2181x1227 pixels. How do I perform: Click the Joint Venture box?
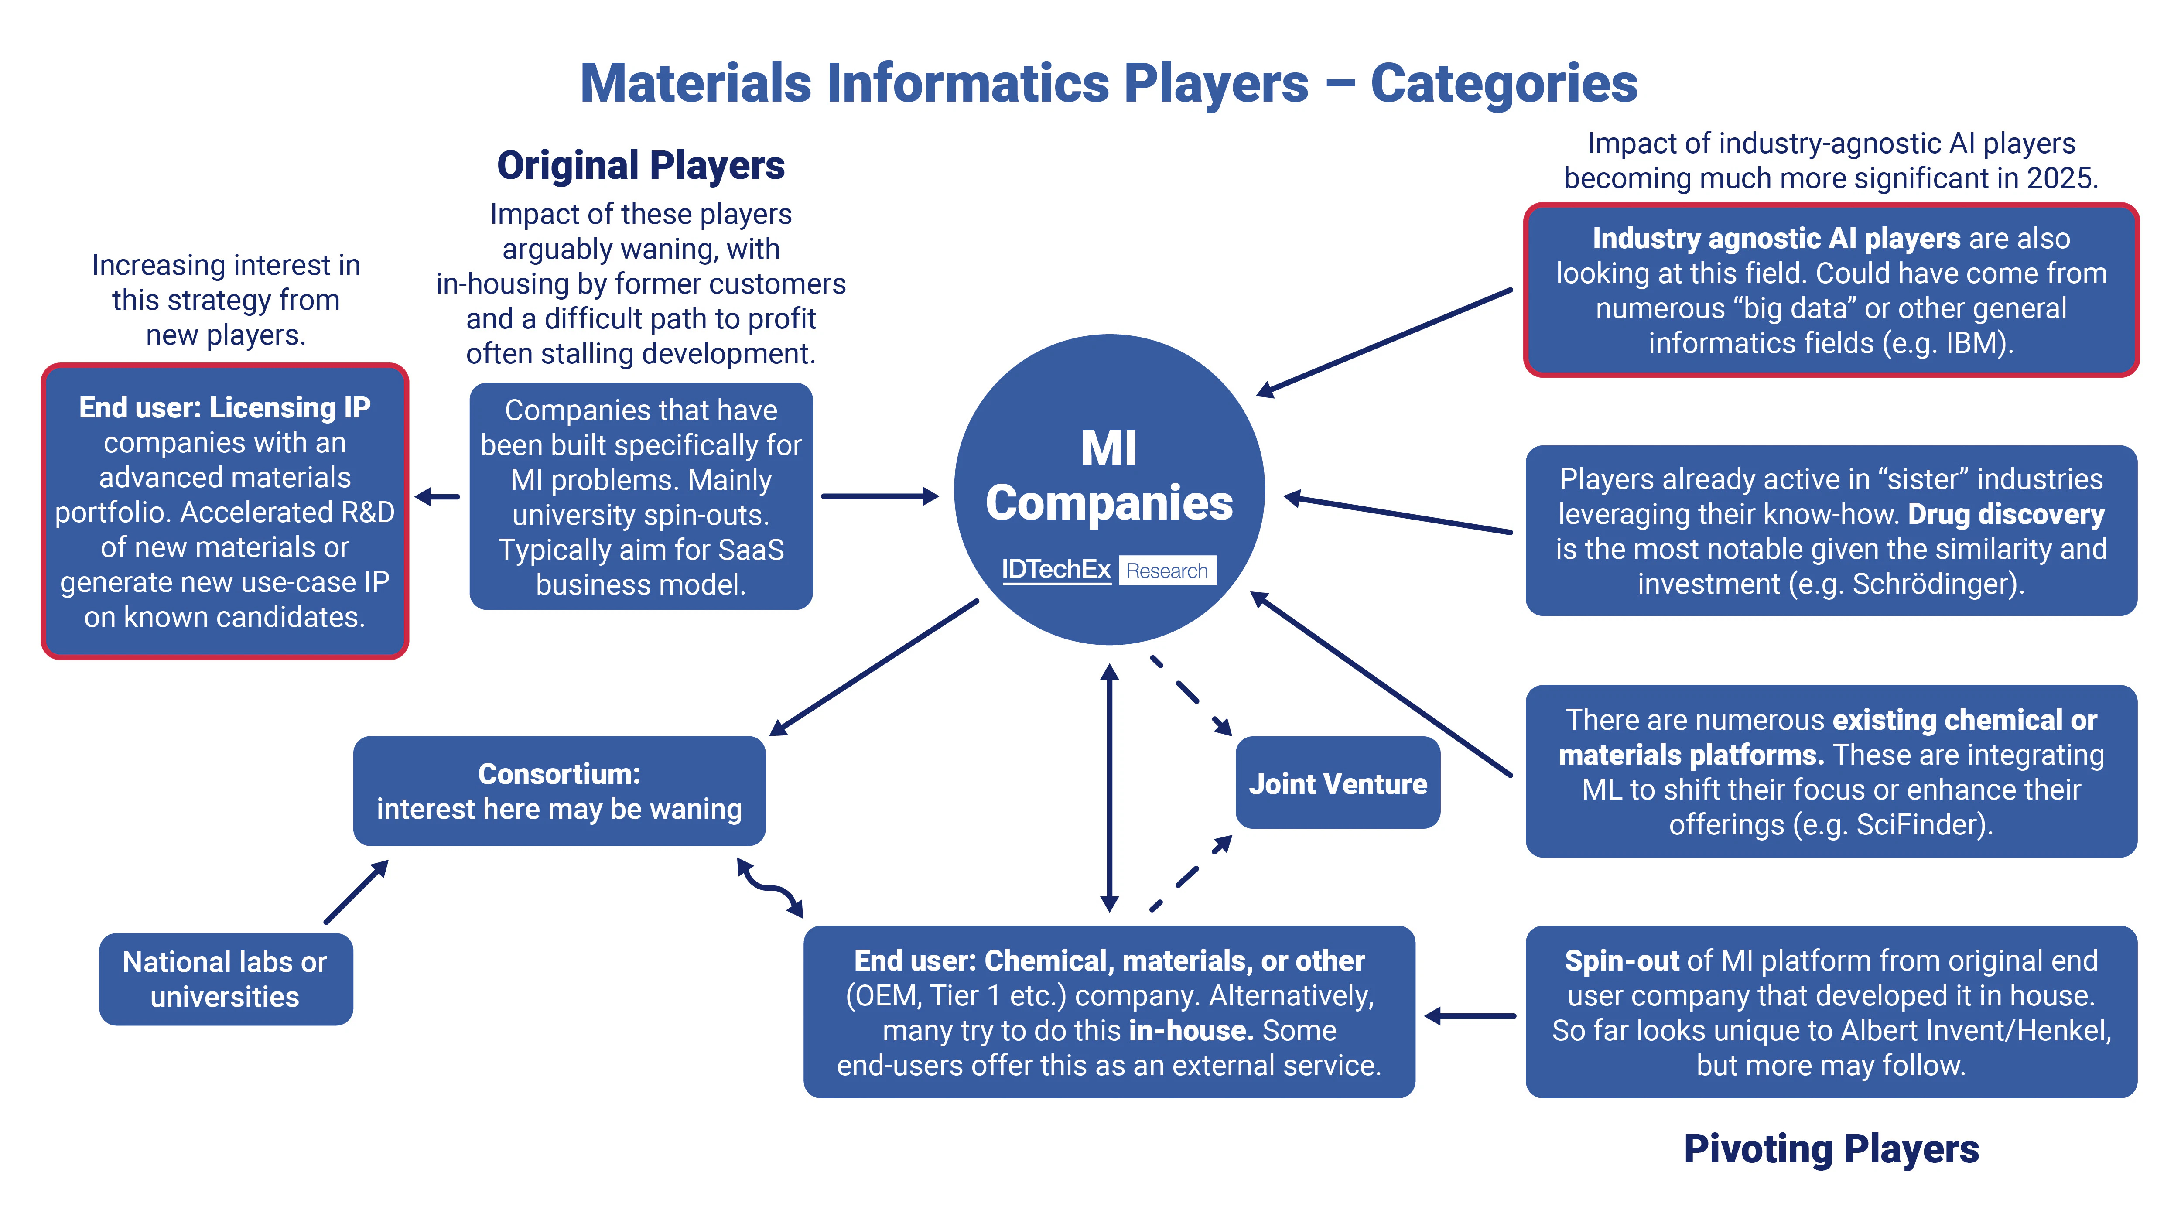pyautogui.click(x=1337, y=783)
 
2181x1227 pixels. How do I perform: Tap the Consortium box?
pyautogui.click(x=559, y=791)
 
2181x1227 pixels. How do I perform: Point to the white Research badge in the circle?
pyautogui.click(x=1167, y=571)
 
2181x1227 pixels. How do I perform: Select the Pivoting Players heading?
pyautogui.click(x=1830, y=1149)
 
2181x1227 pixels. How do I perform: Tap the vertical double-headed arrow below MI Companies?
pyautogui.click(x=1109, y=787)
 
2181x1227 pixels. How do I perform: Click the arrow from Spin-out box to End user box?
pyautogui.click(x=1470, y=1015)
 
